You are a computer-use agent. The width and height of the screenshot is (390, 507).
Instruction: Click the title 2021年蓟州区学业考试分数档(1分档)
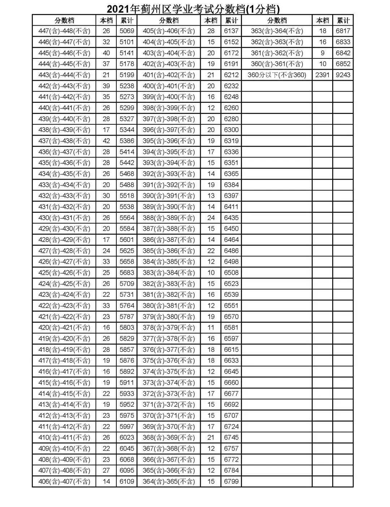193,9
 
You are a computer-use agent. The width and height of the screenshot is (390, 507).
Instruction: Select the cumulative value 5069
127,31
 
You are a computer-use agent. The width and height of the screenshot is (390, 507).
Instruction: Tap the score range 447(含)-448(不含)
64,31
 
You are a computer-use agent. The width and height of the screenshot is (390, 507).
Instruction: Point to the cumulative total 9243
343,75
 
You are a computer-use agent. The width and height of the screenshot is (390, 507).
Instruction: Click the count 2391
322,75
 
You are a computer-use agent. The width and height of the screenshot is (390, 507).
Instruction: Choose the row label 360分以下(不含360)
277,75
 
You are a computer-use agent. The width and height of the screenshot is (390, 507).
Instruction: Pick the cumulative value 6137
231,31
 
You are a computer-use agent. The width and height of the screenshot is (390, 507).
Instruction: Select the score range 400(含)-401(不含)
169,86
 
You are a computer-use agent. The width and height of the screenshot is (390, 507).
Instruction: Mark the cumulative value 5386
127,141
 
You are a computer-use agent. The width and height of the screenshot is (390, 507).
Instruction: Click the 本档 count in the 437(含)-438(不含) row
106,141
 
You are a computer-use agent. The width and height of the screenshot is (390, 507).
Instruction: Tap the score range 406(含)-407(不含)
64,481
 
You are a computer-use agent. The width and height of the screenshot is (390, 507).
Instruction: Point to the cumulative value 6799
231,481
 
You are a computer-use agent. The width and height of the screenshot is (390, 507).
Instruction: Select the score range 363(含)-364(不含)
277,31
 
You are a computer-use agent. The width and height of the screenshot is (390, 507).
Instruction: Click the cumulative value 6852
343,64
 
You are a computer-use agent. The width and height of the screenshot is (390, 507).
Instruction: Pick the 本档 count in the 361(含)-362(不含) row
322,53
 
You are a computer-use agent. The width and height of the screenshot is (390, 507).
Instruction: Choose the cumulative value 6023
127,437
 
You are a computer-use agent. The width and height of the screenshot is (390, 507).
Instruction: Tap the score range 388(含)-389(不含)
169,218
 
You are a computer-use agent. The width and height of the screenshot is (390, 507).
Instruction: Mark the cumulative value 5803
127,327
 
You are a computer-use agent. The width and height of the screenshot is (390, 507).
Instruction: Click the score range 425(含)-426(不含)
64,273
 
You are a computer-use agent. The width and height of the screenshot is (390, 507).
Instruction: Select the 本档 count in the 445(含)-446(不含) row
106,53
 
